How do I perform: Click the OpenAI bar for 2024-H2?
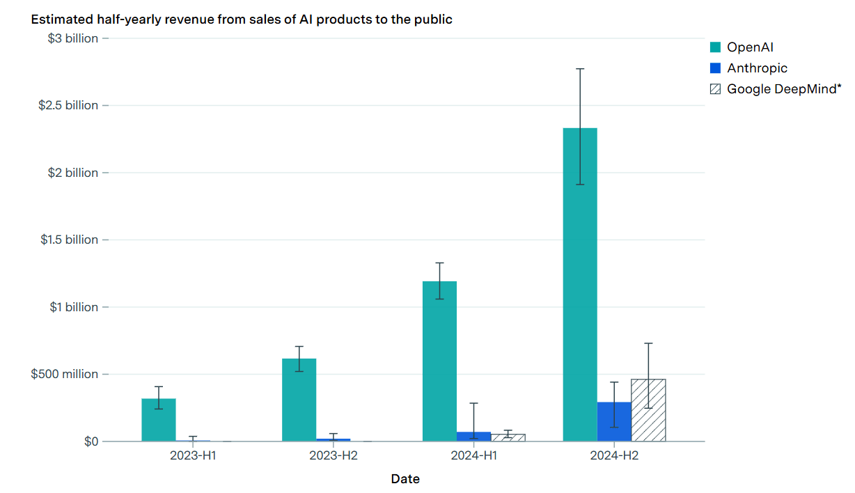(x=580, y=285)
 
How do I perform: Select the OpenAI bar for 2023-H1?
(x=159, y=420)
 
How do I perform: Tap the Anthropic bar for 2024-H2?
(x=614, y=421)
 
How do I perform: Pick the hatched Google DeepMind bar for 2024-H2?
(x=648, y=410)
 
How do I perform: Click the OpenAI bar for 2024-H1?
(x=440, y=361)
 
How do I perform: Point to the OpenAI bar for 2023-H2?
(x=299, y=400)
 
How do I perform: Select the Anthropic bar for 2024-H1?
(x=473, y=437)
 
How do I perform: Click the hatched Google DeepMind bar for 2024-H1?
(x=508, y=437)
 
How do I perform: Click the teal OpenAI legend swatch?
(x=715, y=47)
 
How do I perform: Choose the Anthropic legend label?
(x=757, y=68)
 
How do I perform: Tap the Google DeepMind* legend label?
(x=784, y=89)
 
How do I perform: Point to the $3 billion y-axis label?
(x=73, y=38)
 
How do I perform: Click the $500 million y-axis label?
(x=65, y=374)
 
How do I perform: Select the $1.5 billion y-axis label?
(x=70, y=240)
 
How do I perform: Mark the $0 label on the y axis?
(x=91, y=441)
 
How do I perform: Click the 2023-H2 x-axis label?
(x=334, y=455)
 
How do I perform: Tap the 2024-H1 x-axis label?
(x=473, y=455)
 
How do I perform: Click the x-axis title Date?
(x=405, y=479)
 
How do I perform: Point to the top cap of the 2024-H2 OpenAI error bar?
(x=580, y=69)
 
